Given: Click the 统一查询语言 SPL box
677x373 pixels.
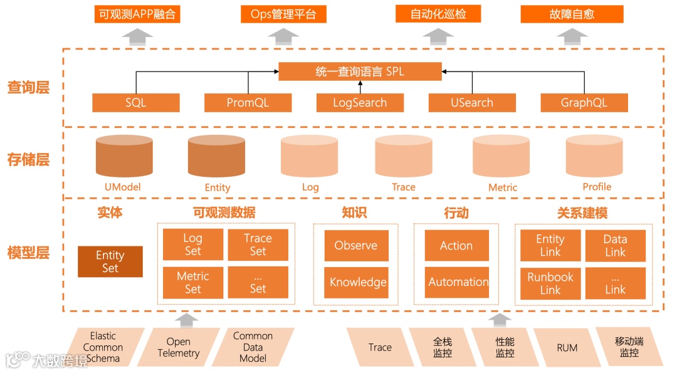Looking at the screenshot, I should pos(360,71).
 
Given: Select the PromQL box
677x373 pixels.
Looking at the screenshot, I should pos(248,103).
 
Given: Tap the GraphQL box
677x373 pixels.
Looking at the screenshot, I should pos(584,103).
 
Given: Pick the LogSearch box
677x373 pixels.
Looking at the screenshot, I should pos(360,103).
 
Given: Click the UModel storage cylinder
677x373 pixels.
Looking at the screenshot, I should pos(123,157).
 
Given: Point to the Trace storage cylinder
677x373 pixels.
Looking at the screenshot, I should pos(403,157).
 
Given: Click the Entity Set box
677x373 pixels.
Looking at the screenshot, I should pos(110,261).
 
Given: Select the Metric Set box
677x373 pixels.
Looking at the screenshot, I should pos(192,283).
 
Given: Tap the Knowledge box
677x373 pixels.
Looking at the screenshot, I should pos(356,282).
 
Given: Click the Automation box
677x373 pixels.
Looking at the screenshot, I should pos(456,282).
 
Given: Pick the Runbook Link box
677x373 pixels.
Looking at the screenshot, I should pos(550,283).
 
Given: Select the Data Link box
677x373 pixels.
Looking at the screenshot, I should pos(615,245).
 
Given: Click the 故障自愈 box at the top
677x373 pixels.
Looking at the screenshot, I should pos(572,14).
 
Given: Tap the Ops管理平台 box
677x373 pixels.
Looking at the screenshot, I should pos(283,14).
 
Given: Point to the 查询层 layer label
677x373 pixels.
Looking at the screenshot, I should pos(28,88).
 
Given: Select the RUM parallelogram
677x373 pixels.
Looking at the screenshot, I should pos(567,347).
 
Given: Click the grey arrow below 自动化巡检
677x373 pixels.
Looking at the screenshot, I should pos(438,36).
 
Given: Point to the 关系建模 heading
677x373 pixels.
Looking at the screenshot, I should pos(582,213).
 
